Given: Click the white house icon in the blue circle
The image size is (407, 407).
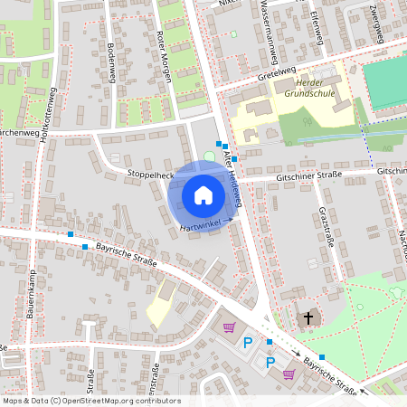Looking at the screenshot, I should click(203, 195).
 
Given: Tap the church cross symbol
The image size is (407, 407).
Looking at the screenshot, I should click(308, 318).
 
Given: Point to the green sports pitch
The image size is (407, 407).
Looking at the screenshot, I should click(385, 83).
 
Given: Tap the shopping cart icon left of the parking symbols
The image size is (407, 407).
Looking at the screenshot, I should click(229, 327).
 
